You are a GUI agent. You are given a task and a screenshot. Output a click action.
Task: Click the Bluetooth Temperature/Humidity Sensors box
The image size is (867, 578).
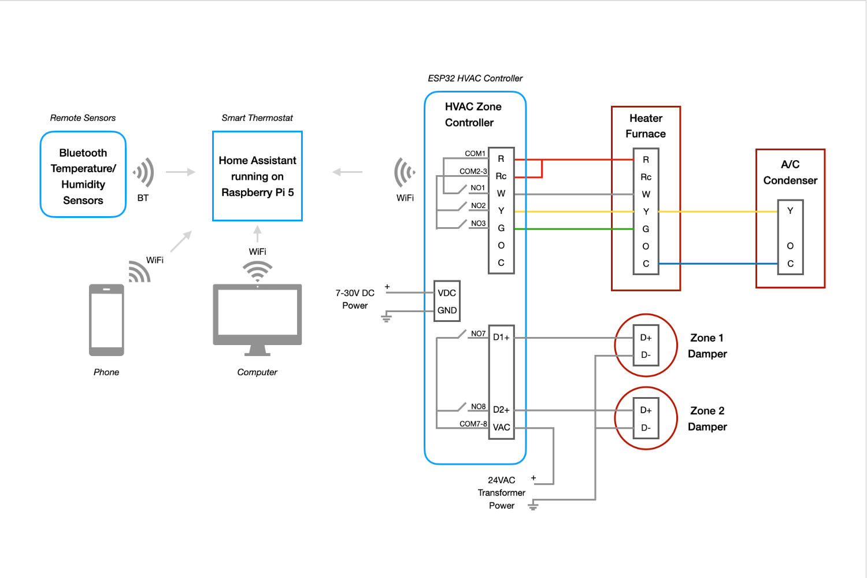click(x=83, y=175)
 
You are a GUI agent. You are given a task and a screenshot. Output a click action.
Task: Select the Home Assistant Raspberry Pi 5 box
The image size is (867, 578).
click(x=257, y=176)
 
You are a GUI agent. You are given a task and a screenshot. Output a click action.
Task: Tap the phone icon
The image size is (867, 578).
click(x=106, y=320)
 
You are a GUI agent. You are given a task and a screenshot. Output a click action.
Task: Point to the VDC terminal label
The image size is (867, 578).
click(x=447, y=293)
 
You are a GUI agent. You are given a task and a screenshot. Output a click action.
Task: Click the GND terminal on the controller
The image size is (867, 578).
click(x=447, y=310)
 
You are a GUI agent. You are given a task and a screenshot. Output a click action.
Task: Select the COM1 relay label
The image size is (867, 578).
click(x=475, y=154)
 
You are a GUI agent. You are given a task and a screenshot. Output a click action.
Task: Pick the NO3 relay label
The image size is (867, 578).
click(x=478, y=224)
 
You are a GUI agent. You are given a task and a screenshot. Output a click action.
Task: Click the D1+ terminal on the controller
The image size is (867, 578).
click(x=501, y=338)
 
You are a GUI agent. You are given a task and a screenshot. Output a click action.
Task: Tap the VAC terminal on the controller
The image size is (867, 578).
click(x=501, y=428)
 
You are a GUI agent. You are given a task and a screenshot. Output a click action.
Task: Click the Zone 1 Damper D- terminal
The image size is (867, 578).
click(x=646, y=355)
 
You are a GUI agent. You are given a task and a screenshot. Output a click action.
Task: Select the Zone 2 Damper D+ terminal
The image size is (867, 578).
click(x=646, y=410)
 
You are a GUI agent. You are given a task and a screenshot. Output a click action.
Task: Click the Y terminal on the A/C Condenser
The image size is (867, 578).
click(x=790, y=211)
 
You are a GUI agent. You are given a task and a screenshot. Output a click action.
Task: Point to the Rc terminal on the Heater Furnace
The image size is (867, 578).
click(x=646, y=177)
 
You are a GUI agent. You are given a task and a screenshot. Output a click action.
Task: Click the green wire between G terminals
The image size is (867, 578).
click(x=572, y=229)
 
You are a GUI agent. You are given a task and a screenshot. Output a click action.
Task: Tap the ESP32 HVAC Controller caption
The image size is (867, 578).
click(x=475, y=79)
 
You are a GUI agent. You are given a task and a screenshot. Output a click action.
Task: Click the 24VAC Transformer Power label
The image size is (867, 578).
click(x=501, y=493)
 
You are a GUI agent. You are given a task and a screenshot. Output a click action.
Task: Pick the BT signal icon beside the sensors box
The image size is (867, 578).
click(x=143, y=172)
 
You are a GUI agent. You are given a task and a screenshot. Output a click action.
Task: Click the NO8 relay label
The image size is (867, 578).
click(x=478, y=407)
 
